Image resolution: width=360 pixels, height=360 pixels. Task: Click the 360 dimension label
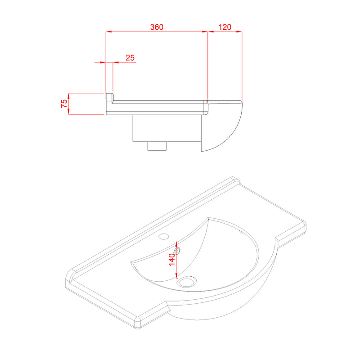[x=157, y=27]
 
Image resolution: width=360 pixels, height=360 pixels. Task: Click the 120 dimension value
[x=225, y=27]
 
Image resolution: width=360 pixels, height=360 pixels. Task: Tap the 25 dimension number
[x=130, y=58]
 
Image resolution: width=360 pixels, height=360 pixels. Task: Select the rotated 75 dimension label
[x=64, y=103]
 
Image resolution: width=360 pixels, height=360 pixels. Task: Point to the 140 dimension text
[x=172, y=260]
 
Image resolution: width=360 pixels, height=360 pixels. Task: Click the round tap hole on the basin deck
[x=164, y=236]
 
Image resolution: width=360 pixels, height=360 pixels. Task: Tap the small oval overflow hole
[x=177, y=251]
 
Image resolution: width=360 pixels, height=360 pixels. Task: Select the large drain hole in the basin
[x=188, y=281]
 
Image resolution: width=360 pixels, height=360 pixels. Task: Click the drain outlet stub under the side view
[x=157, y=146]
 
